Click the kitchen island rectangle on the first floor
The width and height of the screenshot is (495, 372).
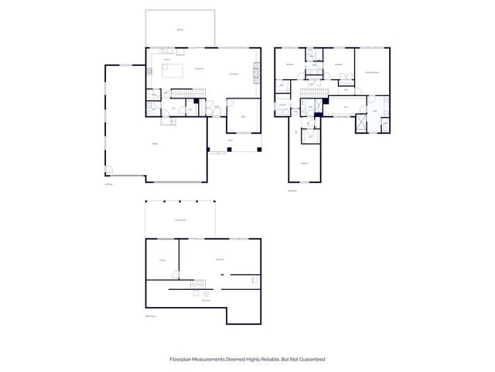point(172,72)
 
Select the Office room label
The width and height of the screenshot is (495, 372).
point(242,116)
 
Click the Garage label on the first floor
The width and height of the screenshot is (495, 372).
point(155,143)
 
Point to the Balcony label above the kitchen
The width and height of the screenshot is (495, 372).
point(180,29)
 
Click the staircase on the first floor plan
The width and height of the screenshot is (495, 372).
point(179,93)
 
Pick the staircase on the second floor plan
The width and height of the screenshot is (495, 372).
point(310,92)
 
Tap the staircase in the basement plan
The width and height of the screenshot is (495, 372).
point(200,284)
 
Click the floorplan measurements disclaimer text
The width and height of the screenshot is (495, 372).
point(247,359)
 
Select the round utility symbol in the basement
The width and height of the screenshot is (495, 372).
point(207,294)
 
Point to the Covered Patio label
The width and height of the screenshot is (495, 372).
point(180,221)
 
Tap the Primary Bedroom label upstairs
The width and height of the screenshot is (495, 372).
point(372,72)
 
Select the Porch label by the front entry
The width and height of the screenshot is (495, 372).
point(230,140)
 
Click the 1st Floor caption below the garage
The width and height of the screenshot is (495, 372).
point(109,184)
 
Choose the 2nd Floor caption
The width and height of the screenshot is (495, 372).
point(292,191)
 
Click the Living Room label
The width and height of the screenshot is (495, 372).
point(234,74)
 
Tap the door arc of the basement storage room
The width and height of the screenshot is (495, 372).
point(176,274)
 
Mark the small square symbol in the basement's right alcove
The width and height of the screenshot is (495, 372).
point(254,277)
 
